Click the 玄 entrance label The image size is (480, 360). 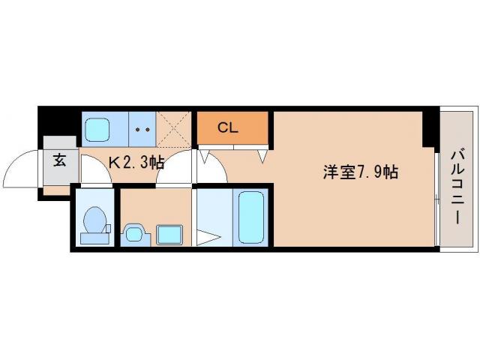tap(59, 159)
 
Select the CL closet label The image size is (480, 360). tap(228, 127)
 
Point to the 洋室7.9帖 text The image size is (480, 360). tap(360, 171)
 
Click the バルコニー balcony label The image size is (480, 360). tap(457, 184)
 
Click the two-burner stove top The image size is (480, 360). tap(143, 128)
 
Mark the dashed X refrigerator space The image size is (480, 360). tap(175, 128)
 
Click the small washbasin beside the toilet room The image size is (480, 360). tap(133, 233)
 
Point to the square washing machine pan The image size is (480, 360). tap(169, 234)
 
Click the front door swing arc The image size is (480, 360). tap(21, 171)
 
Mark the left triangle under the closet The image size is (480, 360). tap(202, 157)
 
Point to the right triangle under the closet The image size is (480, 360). tap(262, 156)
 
